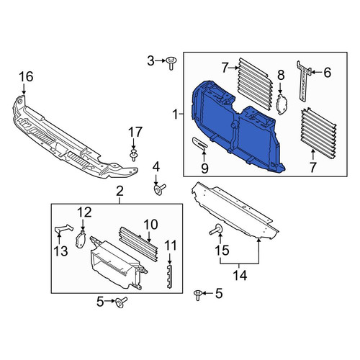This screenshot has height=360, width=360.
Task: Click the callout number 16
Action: (26, 77)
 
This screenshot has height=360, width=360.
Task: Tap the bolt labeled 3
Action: (171, 63)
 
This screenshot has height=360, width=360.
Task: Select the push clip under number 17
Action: (133, 155)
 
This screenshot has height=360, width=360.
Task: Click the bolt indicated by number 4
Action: (159, 189)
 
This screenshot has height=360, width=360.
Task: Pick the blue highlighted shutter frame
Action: (238, 127)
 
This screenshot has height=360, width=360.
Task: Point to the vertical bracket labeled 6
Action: (303, 81)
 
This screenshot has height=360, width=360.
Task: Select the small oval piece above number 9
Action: (199, 143)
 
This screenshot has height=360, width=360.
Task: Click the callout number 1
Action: (176, 114)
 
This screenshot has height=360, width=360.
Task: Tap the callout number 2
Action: (120, 192)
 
